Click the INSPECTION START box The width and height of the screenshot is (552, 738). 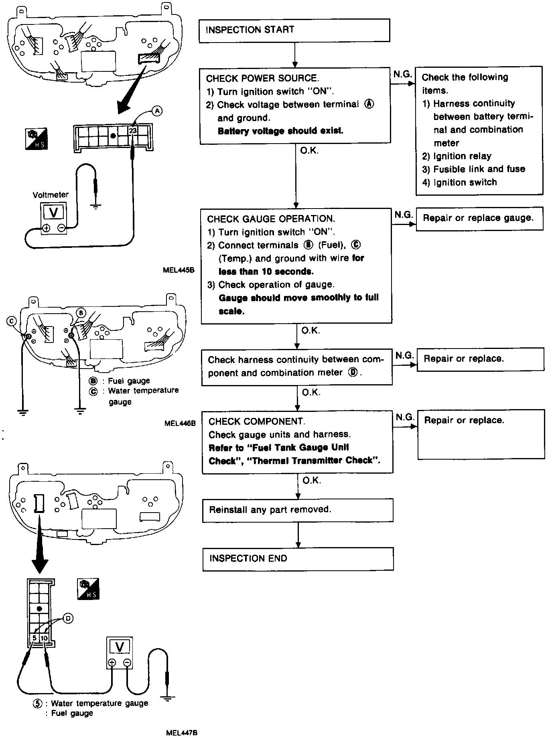(x=294, y=30)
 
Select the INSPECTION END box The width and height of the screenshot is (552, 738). (x=298, y=559)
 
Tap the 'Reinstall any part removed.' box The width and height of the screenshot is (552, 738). (x=297, y=510)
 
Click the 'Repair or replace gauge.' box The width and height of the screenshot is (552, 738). (x=479, y=219)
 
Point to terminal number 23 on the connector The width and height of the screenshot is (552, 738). (x=133, y=130)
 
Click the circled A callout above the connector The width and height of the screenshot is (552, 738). (x=157, y=111)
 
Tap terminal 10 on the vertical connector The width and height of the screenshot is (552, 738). (x=44, y=638)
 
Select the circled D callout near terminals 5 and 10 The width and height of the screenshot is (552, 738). (x=67, y=619)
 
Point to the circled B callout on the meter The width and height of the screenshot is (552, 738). (x=81, y=312)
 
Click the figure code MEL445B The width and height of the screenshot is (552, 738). (x=179, y=270)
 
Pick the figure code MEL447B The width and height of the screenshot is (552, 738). (x=181, y=732)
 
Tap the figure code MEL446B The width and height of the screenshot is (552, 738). (x=180, y=423)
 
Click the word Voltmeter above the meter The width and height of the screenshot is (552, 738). (x=51, y=195)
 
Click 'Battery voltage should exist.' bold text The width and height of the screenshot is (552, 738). (x=280, y=131)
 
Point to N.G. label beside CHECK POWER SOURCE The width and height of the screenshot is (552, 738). (x=402, y=74)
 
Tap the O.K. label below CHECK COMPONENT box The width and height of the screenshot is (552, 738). (x=311, y=480)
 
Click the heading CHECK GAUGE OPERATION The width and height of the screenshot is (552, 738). (x=271, y=219)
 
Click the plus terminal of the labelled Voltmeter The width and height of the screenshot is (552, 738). (x=47, y=228)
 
